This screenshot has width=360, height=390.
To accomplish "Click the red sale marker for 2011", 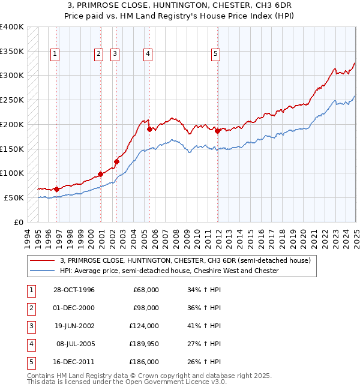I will click(x=217, y=130).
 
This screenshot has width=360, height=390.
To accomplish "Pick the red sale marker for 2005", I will click(x=149, y=128).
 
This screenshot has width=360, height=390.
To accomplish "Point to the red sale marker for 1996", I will click(x=56, y=189).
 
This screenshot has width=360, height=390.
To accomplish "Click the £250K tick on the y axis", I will click(x=12, y=100).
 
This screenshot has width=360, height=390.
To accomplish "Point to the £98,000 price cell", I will click(x=146, y=308).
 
